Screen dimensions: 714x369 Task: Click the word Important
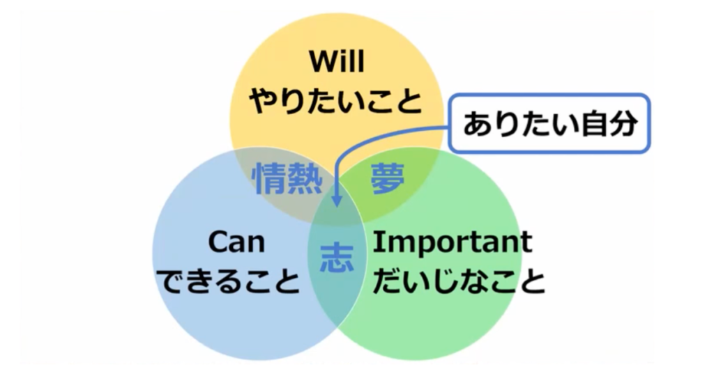pos(452,243)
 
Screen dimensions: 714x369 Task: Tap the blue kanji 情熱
pos(287,179)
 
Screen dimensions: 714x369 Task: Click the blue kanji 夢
pos(388,179)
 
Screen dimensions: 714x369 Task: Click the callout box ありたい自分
pos(549,123)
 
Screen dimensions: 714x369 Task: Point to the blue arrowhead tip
pos(337,207)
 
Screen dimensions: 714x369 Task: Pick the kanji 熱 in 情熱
pos(306,179)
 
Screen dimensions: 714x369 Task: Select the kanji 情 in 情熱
pos(270,179)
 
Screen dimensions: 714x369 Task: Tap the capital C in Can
pos(218,242)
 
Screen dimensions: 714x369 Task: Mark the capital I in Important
pos(377,242)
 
